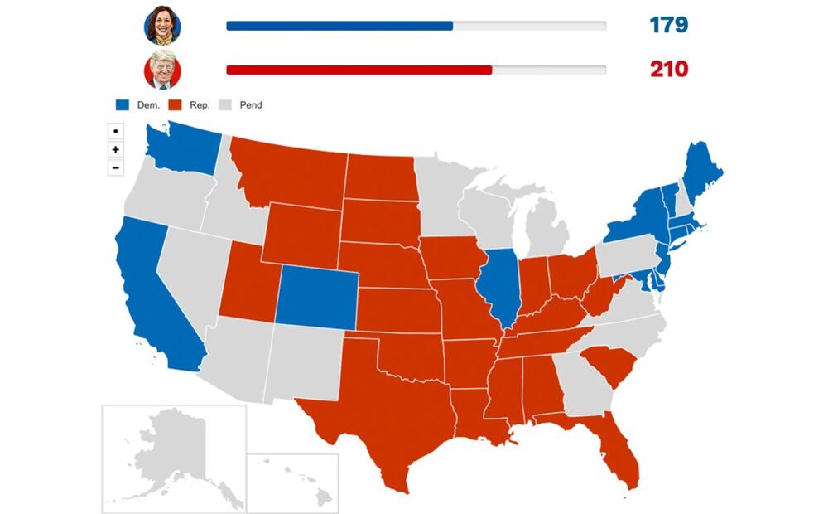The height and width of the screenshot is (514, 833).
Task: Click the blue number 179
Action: pyautogui.click(x=668, y=26)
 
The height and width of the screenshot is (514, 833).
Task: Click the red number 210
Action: pyautogui.click(x=668, y=69)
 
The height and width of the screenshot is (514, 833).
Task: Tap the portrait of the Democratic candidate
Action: pyautogui.click(x=162, y=26)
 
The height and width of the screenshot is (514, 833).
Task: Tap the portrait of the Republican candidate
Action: pyautogui.click(x=162, y=70)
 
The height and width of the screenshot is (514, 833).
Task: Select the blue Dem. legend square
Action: pyautogui.click(x=123, y=105)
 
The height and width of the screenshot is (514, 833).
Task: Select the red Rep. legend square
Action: pyautogui.click(x=176, y=105)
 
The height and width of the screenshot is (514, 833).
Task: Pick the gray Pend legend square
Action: pyautogui.click(x=225, y=105)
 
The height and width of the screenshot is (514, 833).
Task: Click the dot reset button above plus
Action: pyautogui.click(x=116, y=131)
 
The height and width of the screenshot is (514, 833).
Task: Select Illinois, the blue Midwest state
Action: pyautogui.click(x=501, y=286)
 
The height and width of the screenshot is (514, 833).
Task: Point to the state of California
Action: pyautogui.click(x=153, y=298)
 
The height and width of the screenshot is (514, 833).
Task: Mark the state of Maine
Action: pyautogui.click(x=705, y=166)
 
